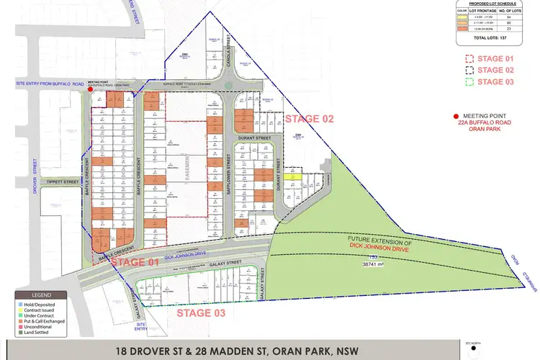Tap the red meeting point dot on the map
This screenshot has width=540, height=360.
(90, 91)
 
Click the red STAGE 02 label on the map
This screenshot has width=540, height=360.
(310, 118)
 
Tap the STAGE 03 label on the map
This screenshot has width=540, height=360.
(201, 312)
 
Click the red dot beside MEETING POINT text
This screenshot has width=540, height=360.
(456, 116)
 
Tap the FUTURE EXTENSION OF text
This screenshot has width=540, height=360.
(379, 240)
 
